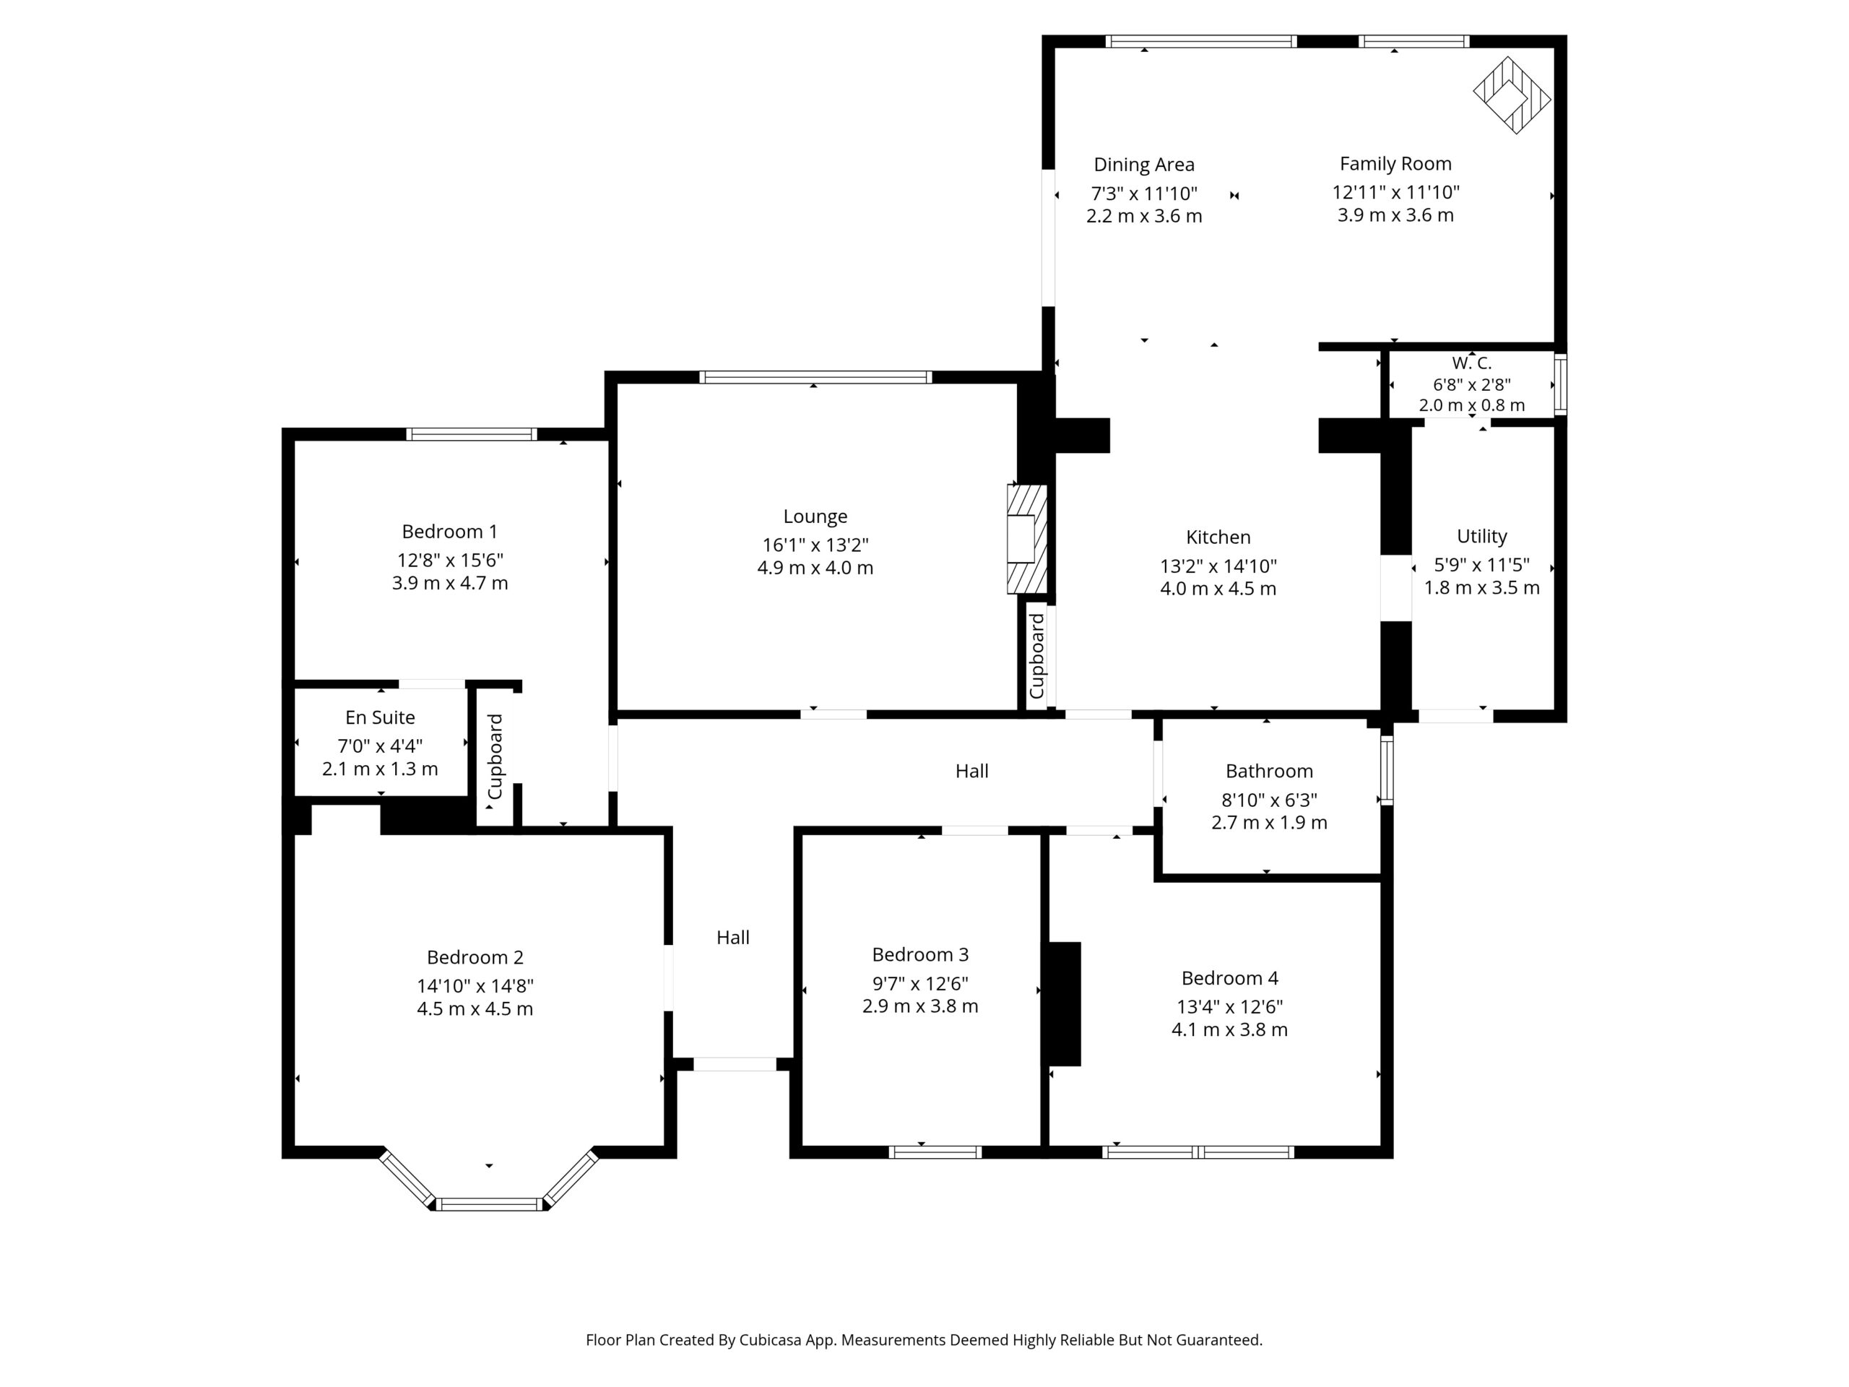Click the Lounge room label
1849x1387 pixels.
click(815, 517)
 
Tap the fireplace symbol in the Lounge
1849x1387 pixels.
click(1026, 539)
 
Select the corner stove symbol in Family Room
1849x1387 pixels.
click(1511, 95)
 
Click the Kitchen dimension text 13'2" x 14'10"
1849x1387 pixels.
click(1218, 566)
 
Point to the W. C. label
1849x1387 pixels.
click(1471, 363)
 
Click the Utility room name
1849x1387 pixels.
click(1481, 536)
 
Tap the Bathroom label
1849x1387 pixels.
click(1269, 771)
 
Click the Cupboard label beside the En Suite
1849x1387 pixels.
click(495, 756)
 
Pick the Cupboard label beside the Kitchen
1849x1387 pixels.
click(1036, 656)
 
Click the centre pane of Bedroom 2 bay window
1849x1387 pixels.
click(490, 1204)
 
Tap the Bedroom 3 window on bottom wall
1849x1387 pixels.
click(935, 1152)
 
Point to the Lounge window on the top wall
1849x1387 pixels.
click(815, 377)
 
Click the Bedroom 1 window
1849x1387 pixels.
click(472, 434)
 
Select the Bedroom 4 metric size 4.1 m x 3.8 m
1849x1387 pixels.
click(1229, 1030)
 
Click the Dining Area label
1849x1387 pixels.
click(1143, 165)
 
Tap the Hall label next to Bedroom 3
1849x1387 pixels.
click(732, 937)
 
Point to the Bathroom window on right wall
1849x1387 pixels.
click(1387, 770)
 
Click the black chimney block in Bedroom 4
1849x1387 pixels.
click(1064, 1004)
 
